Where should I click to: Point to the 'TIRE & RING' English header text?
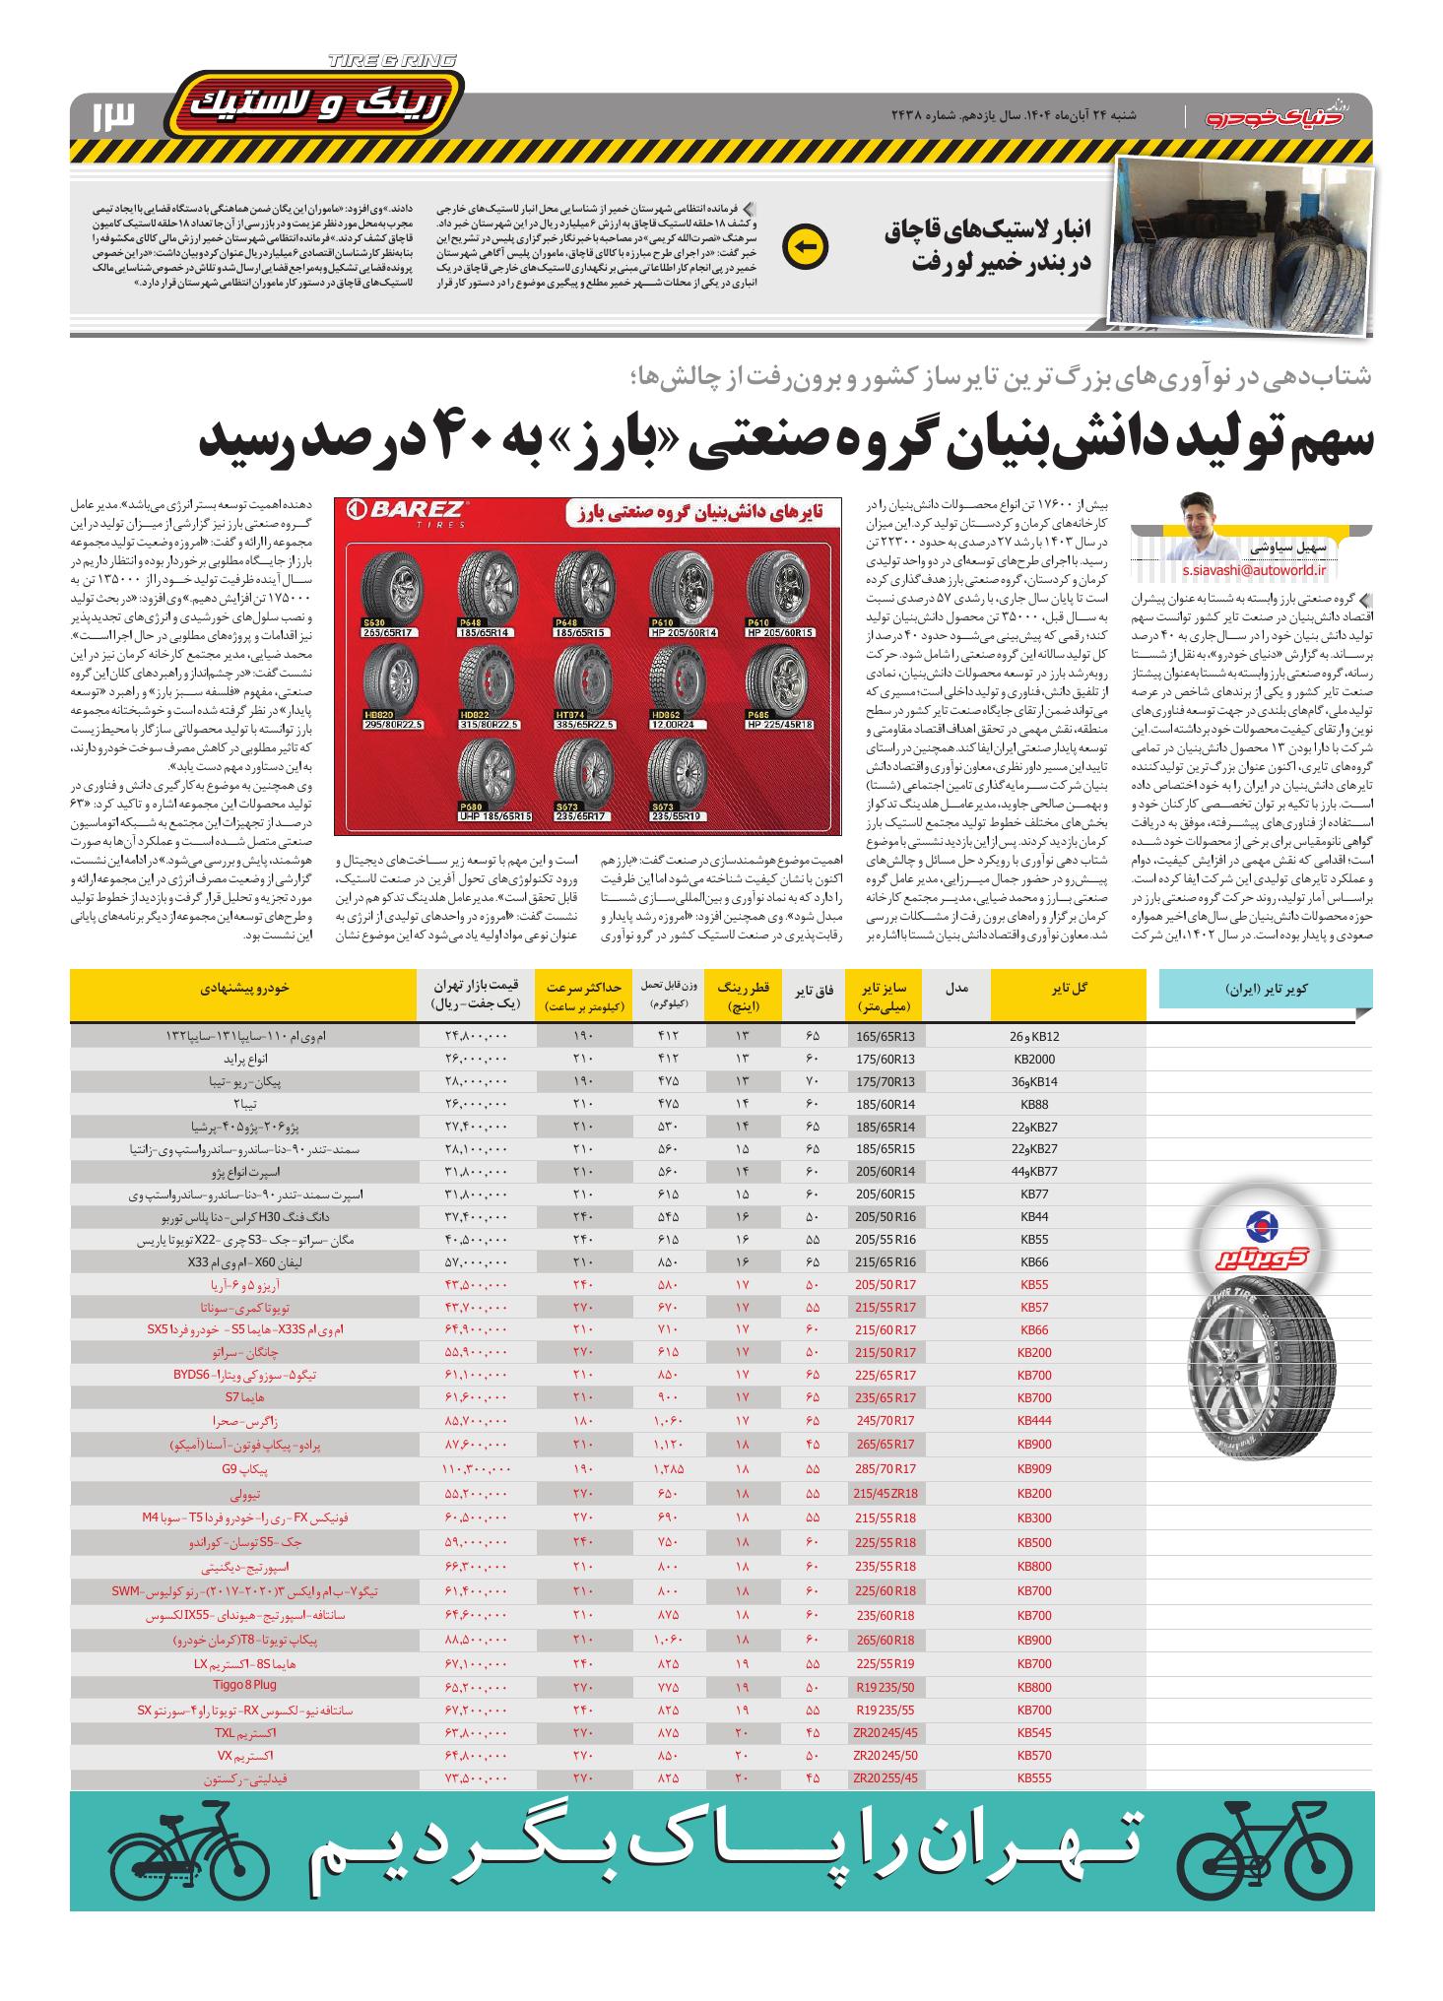(x=392, y=61)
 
